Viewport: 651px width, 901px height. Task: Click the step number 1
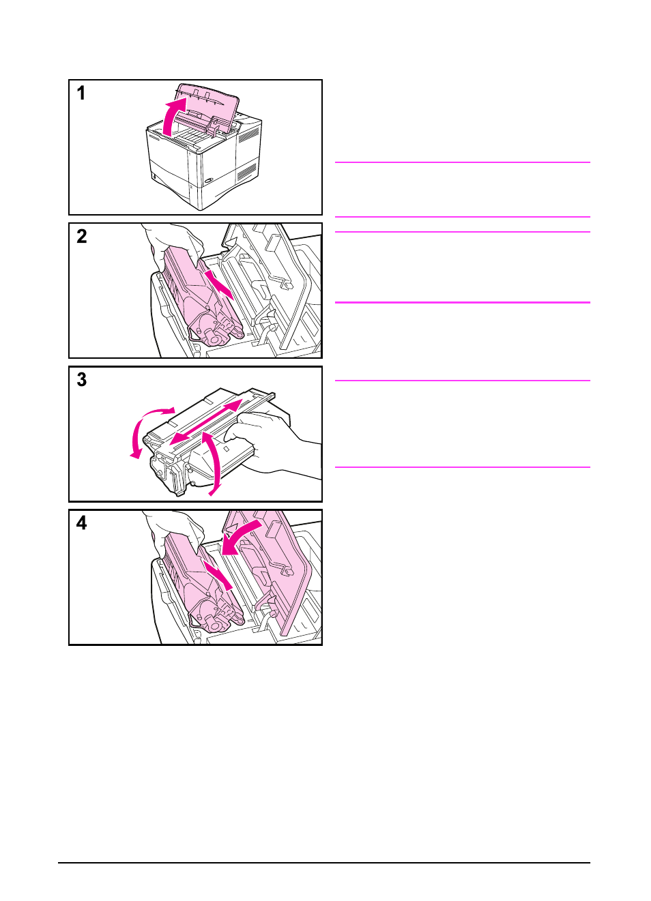click(81, 93)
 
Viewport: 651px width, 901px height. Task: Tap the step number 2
click(82, 237)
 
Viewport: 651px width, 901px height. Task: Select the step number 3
click(82, 380)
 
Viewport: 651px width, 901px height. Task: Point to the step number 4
click(82, 523)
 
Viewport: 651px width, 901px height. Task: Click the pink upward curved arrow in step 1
click(171, 115)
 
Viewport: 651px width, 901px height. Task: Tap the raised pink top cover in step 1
click(208, 102)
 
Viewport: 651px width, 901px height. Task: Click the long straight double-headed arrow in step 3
click(205, 422)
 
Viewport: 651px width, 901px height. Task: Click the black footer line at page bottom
click(324, 863)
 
